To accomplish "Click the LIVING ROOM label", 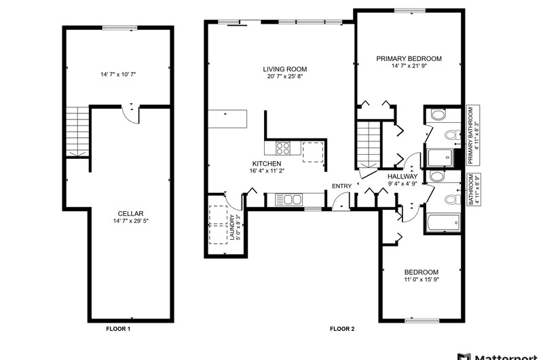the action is pos(284,69).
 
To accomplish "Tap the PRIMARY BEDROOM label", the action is pos(409,58).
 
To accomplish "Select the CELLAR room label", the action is pos(130,213).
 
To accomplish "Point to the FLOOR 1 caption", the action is pos(118,329).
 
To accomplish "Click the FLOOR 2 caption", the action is pos(342,329).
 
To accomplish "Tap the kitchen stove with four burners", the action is pos(283,148).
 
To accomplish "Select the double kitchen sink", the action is pos(288,200).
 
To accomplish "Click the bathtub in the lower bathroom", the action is pos(443,222).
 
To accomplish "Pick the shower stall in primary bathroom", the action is pos(440,158).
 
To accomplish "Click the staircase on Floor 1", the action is pos(77,132).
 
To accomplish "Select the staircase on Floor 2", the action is pos(369,145).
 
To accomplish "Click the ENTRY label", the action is pos(341,186).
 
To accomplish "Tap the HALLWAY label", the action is pos(402,177).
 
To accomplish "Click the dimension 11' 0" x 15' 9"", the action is pos(422,280).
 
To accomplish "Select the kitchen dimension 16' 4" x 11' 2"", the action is pos(267,170).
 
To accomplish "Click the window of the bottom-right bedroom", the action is pos(422,321).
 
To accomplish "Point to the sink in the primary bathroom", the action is pos(438,115).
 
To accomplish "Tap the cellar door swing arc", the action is pos(128,117).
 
